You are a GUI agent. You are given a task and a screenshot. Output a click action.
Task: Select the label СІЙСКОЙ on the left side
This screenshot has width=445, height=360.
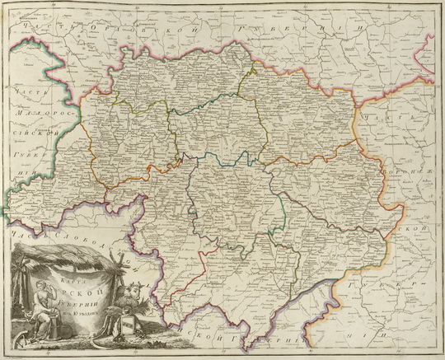(38, 135)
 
